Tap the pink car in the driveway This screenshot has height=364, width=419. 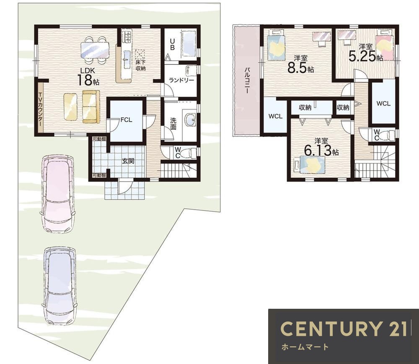tap(57, 194)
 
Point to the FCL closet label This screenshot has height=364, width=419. tap(126, 120)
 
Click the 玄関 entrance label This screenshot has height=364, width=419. tap(128, 161)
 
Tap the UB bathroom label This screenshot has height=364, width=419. tap(172, 45)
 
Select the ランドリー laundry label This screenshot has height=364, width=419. tap(181, 80)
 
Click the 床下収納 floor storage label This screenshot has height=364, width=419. tap(140, 66)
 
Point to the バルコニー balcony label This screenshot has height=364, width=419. tap(247, 80)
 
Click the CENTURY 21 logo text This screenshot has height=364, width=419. tap(343, 328)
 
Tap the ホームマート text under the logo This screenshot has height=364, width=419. tap(305, 347)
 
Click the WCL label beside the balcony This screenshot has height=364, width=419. tap(276, 116)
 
